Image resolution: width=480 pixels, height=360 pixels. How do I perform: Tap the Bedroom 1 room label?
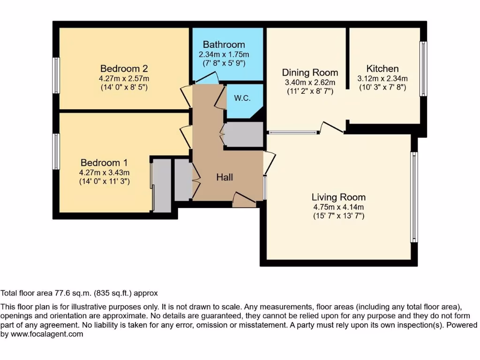(104, 163)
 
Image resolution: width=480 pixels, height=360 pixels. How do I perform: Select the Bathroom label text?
(224, 45)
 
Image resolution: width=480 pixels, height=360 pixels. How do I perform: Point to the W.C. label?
(241, 98)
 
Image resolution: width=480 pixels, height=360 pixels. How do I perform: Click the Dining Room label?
(310, 73)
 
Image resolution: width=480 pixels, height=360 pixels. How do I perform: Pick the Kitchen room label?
(382, 69)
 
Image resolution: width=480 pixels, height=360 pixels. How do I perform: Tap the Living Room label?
(339, 197)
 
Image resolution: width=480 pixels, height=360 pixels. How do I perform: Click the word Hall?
(225, 177)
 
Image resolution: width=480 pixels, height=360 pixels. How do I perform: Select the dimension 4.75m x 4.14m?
(339, 207)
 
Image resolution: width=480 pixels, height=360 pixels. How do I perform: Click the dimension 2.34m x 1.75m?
(224, 54)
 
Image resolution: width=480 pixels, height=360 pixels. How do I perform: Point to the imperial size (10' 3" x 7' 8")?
(382, 87)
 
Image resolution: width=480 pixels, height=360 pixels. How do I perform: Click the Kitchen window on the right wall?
(423, 69)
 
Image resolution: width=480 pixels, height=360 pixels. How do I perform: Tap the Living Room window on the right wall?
(414, 197)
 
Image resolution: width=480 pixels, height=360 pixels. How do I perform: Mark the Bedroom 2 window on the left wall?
(56, 75)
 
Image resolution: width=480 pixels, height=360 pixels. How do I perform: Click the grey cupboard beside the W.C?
(243, 135)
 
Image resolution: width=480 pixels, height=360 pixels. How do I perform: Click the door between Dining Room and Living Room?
(333, 127)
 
